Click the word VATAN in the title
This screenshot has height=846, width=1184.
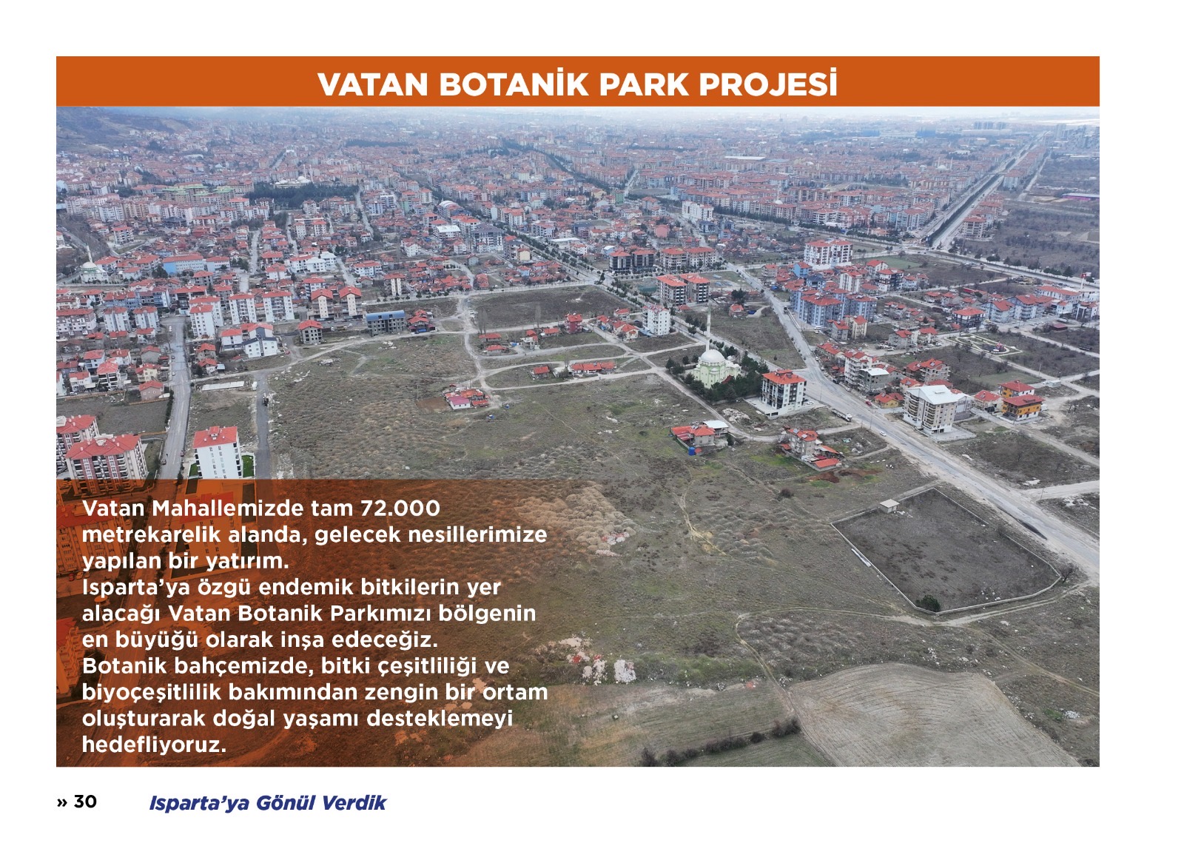click(372, 84)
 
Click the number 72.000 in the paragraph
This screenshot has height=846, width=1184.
click(400, 508)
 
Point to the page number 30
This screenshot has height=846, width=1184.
click(85, 802)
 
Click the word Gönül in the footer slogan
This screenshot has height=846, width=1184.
click(286, 802)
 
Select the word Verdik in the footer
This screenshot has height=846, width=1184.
click(354, 802)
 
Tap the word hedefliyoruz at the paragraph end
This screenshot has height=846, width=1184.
click(154, 745)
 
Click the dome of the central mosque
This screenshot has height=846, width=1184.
click(712, 357)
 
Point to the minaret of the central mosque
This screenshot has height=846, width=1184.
click(708, 326)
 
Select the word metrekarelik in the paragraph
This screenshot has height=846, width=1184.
click(151, 534)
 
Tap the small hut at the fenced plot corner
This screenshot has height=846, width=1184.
click(889, 506)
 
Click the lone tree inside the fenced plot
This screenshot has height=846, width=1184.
click(929, 602)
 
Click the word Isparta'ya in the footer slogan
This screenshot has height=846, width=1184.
click(199, 802)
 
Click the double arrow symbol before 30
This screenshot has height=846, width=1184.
click(62, 802)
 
